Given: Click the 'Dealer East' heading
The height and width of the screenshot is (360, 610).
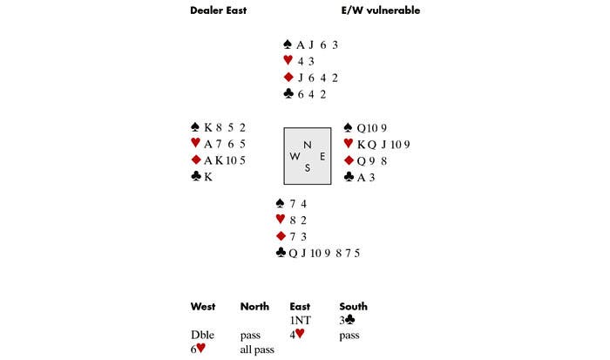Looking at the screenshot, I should pos(219,11).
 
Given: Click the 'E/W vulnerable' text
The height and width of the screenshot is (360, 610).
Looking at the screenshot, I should pos(382,11).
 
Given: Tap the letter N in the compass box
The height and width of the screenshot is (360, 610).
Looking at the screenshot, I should pos(307,145).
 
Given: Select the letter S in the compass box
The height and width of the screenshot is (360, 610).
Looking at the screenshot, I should pos(307,168).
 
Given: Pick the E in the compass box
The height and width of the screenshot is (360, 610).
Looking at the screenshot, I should pos(322,157).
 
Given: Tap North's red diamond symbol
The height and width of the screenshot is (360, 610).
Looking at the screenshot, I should pos(288,78).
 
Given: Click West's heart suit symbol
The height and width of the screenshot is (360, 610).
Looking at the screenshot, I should pos(195,144).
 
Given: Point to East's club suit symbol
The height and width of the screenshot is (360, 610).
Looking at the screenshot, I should pos(349,177).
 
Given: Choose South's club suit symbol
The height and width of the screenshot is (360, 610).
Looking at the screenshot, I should pos(281,254).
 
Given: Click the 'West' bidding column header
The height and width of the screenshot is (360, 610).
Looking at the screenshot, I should pos(203,307).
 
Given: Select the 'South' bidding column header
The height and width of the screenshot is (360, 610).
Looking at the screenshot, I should pos(353,307).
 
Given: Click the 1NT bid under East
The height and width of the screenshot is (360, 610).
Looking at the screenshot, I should pos(300,320).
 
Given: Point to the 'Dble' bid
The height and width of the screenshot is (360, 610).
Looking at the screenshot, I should pos(202,335).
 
